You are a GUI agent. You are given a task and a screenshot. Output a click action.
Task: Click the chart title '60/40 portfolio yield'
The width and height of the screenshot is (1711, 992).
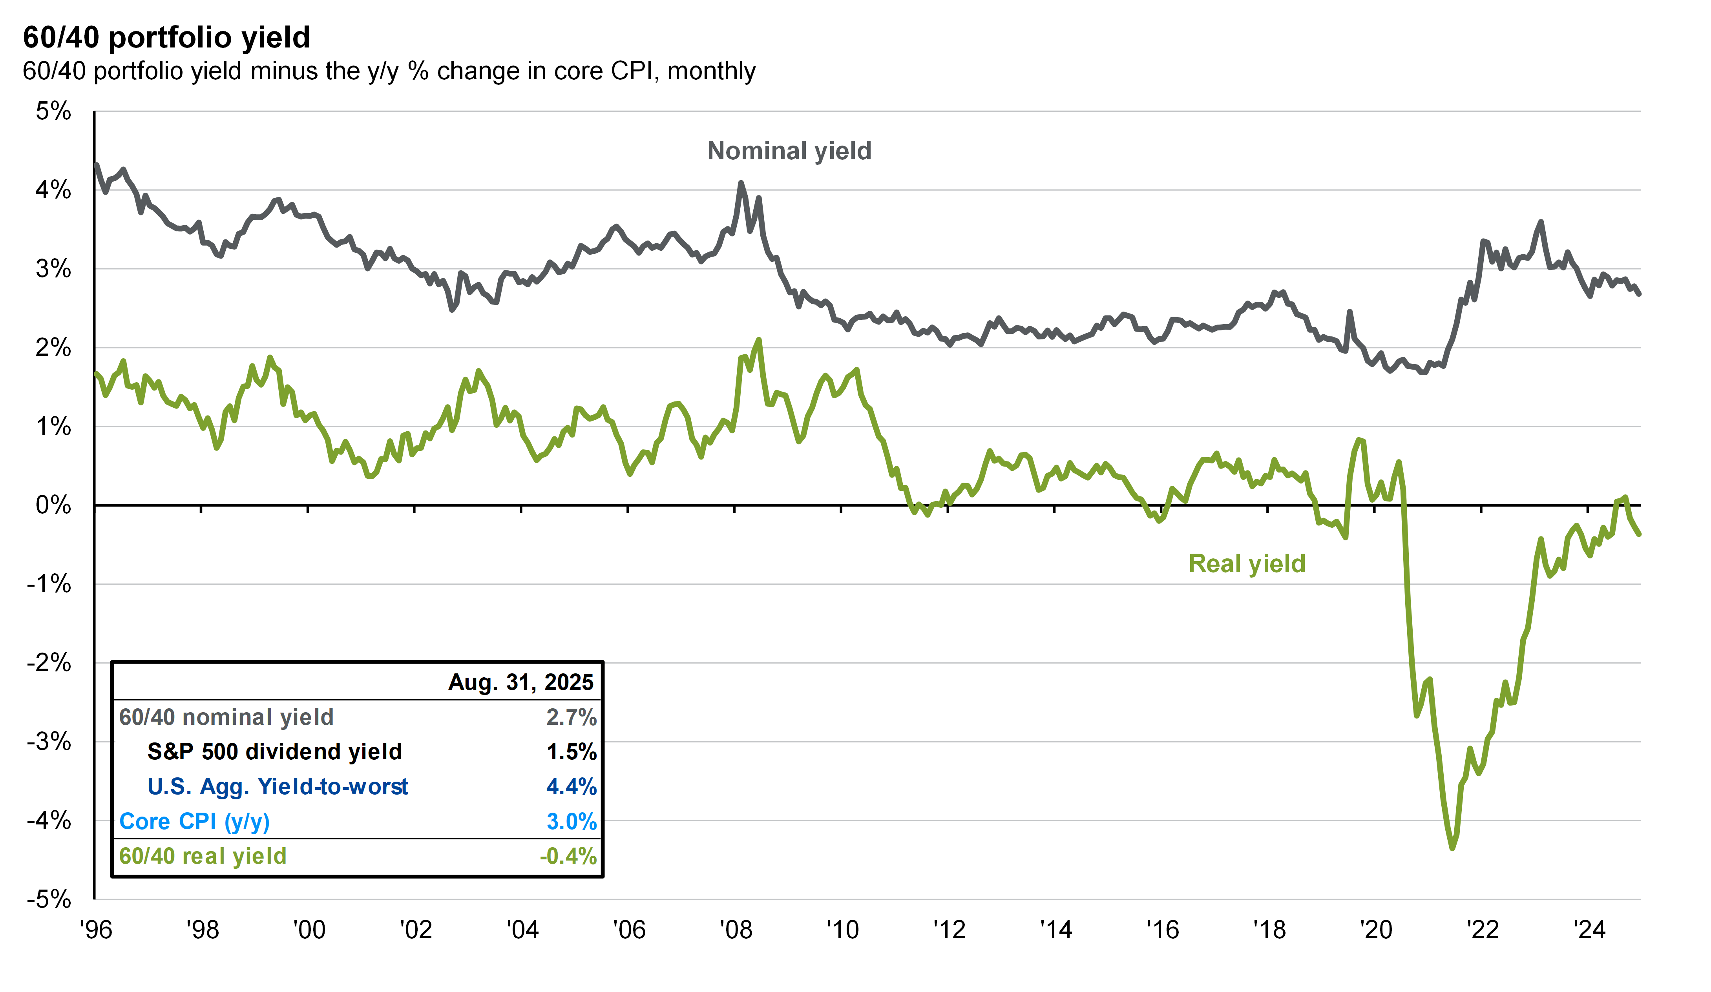[x=166, y=37]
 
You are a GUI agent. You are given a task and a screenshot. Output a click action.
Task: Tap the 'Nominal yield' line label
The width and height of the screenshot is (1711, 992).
[x=789, y=151]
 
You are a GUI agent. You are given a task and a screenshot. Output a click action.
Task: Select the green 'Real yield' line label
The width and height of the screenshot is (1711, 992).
[x=1247, y=563]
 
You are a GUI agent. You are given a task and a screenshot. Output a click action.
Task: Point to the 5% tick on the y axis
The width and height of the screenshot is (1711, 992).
[x=53, y=111]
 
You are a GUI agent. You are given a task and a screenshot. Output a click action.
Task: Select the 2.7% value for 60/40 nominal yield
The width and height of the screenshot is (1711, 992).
[x=571, y=717]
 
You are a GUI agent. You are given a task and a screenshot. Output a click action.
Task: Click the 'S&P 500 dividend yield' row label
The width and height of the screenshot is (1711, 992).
[x=274, y=751]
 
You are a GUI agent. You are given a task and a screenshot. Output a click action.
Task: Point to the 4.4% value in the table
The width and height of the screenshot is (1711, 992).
[x=571, y=786]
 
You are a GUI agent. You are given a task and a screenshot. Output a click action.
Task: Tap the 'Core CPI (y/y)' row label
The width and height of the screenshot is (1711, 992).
[x=194, y=822]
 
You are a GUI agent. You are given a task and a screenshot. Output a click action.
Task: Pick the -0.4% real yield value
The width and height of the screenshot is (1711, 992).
[x=568, y=856]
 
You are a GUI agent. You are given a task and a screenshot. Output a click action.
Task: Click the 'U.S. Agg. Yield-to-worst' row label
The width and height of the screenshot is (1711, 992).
[x=277, y=786]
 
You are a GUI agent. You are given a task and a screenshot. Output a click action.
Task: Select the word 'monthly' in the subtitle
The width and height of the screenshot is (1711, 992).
[x=711, y=71]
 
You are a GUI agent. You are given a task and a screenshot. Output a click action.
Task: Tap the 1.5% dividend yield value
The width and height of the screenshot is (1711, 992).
[x=571, y=751]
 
